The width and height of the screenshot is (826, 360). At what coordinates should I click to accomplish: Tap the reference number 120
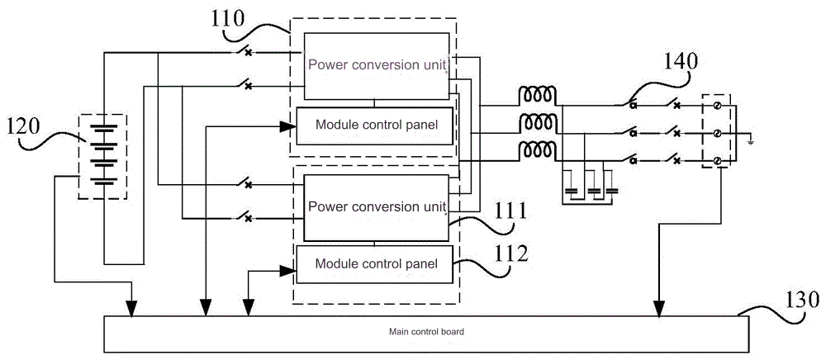click(21, 127)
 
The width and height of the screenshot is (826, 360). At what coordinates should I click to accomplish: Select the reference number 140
click(680, 60)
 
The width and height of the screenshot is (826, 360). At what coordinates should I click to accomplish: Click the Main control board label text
click(426, 332)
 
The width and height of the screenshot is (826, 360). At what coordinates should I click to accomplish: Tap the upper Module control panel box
click(374, 126)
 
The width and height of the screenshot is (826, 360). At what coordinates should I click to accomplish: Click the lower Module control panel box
click(374, 264)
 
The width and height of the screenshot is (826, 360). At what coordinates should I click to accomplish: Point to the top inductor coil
click(536, 95)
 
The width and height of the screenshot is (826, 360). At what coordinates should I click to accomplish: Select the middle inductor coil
click(536, 123)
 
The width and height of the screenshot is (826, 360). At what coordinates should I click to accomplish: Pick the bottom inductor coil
click(536, 150)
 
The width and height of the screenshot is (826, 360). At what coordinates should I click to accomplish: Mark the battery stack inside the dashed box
click(102, 155)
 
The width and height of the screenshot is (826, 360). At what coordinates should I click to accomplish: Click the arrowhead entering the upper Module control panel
click(287, 126)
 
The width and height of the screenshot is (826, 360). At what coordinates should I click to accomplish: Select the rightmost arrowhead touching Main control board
click(658, 309)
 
